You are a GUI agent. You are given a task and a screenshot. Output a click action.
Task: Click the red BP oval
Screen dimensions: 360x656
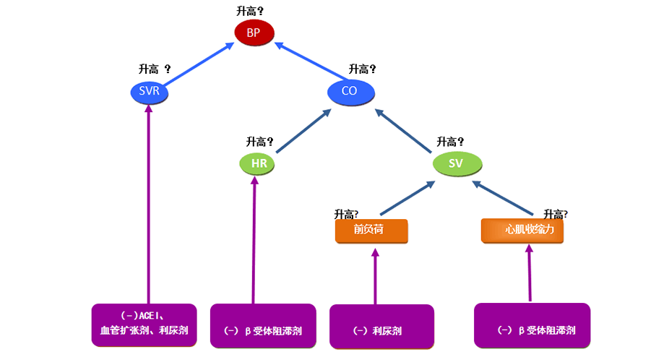coord(253,33)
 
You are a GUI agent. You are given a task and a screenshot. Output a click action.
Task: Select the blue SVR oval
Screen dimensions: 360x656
coord(148,92)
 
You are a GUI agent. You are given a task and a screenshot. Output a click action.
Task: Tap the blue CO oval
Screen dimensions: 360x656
coord(350,91)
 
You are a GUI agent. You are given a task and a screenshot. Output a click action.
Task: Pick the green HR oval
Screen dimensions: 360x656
coord(258,163)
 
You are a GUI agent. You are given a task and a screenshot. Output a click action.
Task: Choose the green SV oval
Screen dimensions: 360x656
coord(456,163)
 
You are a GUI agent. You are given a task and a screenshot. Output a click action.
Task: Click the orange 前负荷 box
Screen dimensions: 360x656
coord(371,231)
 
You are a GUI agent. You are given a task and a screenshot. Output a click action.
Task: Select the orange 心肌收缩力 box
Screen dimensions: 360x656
coord(522,231)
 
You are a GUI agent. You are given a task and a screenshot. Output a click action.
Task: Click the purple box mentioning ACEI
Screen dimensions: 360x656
coord(144,325)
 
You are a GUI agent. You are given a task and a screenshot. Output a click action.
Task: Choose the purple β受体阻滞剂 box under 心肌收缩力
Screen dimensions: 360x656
coord(532,326)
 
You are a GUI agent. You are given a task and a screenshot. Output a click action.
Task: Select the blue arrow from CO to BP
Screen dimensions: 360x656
coord(308,61)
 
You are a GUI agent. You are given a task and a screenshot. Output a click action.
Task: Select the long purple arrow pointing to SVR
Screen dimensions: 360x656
coord(148,202)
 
